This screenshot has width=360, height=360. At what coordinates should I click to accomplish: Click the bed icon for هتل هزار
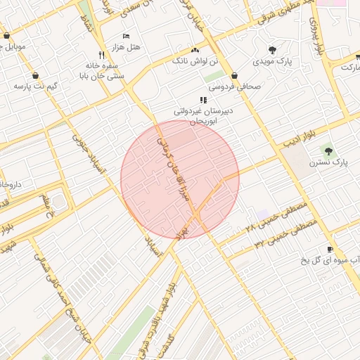(x=126, y=36)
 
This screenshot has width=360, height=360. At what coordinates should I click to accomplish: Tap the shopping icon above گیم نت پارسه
(x=35, y=76)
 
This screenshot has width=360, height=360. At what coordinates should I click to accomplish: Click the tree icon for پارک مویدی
(x=272, y=50)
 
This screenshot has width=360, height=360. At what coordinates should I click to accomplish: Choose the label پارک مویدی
(x=272, y=62)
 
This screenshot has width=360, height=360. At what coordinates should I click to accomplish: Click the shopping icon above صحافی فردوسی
(x=233, y=76)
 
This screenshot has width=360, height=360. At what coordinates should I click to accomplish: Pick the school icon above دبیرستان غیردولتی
(x=203, y=101)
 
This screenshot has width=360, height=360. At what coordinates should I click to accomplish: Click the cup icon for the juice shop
(x=330, y=250)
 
